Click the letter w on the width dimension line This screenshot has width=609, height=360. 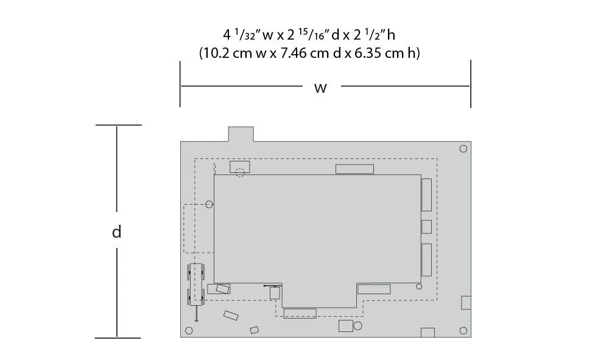tap(320, 88)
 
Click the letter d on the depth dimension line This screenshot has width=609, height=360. tap(116, 231)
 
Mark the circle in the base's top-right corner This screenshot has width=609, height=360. tap(463, 149)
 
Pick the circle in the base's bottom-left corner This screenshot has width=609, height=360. tap(189, 331)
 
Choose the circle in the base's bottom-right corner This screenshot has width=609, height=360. tap(463, 331)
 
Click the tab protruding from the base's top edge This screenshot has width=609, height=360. tap(241, 134)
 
